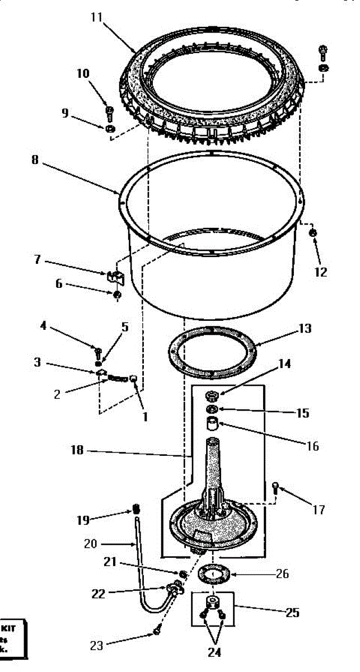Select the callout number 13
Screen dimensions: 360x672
pyautogui.click(x=305, y=329)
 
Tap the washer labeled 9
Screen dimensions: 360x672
pyautogui.click(x=111, y=129)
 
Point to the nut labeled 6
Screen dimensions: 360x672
pyautogui.click(x=117, y=295)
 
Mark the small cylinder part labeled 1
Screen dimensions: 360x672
pyautogui.click(x=134, y=379)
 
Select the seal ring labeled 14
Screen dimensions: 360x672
pyautogui.click(x=212, y=397)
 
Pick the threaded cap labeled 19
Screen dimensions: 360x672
pyautogui.click(x=134, y=510)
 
